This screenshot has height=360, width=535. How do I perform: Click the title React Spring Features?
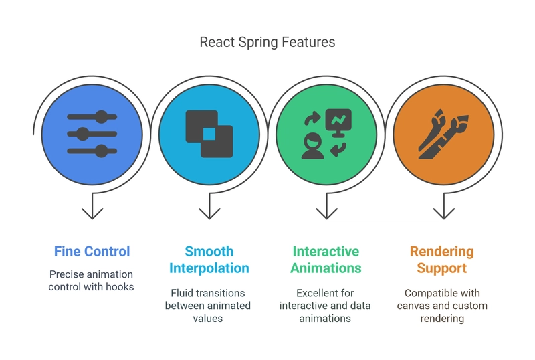[x=267, y=42]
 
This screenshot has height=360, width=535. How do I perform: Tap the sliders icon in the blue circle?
[x=92, y=134]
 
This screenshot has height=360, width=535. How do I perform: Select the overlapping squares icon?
[x=209, y=134]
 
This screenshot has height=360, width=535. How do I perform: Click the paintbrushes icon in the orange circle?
[x=443, y=134]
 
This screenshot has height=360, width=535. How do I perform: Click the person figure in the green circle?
[x=312, y=146]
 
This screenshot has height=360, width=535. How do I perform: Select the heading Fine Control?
[x=92, y=252]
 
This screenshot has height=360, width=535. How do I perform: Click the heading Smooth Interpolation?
[x=209, y=260]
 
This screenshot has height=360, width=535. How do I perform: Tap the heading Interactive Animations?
[x=326, y=260]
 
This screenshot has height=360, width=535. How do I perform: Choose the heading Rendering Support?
[x=442, y=260]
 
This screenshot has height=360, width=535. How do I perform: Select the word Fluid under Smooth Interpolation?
[x=181, y=293]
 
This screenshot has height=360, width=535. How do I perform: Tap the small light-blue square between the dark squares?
[x=209, y=134]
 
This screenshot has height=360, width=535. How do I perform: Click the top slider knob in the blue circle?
[x=101, y=117]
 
